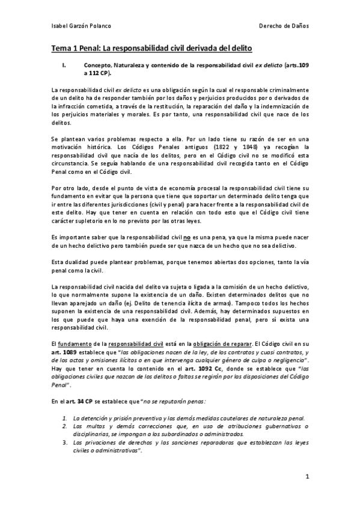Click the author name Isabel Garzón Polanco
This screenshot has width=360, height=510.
pyautogui.click(x=81, y=26)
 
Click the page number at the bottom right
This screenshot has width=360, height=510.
pyautogui.click(x=307, y=477)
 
